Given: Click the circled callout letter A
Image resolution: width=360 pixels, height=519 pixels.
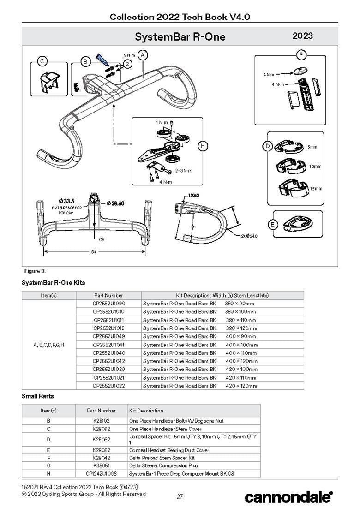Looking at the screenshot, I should [143, 55].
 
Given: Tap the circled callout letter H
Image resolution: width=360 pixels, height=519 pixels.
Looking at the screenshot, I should [202, 146].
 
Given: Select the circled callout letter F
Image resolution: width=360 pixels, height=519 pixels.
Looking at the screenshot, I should [300, 55].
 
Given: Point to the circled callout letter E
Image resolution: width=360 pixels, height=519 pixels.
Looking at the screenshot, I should [273, 224].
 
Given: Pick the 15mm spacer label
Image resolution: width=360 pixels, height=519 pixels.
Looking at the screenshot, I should [316, 189].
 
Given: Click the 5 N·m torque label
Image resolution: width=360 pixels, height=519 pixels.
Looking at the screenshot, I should [129, 55].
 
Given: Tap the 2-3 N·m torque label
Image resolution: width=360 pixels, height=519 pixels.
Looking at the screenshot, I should [183, 171].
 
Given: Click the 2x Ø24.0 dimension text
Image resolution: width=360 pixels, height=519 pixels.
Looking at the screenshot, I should [249, 236].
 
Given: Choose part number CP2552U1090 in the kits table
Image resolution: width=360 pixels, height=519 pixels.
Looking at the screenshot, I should [108, 304].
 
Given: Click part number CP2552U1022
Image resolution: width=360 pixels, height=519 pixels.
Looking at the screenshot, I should [108, 386].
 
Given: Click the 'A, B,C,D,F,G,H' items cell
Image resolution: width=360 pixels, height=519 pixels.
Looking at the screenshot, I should [48, 345].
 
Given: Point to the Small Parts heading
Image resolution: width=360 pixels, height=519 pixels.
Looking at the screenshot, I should [38, 396].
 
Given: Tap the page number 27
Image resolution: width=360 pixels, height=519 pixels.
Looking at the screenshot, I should [180, 497].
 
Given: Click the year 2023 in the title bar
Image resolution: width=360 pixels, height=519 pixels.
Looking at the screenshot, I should [303, 36].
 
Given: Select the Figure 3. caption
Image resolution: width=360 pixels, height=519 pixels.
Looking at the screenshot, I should [35, 271].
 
